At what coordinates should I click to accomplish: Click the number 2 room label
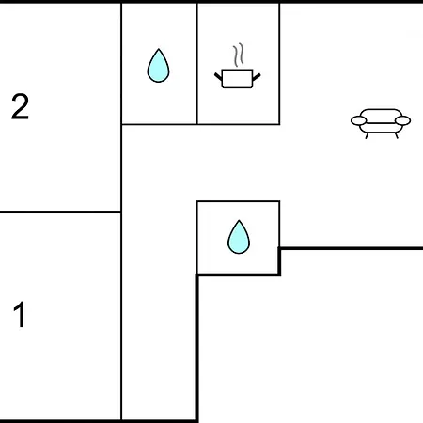(20, 106)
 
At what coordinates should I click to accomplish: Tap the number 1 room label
(20, 314)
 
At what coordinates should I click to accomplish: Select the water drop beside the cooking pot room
(158, 66)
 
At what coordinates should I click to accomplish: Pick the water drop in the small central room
(239, 237)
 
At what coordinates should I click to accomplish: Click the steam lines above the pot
(239, 55)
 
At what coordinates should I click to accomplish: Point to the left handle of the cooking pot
(218, 76)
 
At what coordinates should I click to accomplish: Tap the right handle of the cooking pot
(257, 76)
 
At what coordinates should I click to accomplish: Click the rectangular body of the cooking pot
(237, 79)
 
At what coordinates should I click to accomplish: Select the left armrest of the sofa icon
(359, 120)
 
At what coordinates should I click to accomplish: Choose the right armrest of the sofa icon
(402, 120)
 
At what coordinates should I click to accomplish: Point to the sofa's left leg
(367, 135)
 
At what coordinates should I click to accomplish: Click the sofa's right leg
(397, 135)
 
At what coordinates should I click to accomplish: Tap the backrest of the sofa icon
(381, 113)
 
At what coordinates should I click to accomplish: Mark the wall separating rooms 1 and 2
(60, 212)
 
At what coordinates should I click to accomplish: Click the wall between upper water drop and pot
(197, 64)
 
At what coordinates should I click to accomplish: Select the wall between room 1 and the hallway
(121, 317)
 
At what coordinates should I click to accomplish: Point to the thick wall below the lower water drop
(238, 274)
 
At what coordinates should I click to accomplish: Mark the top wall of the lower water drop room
(238, 201)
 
